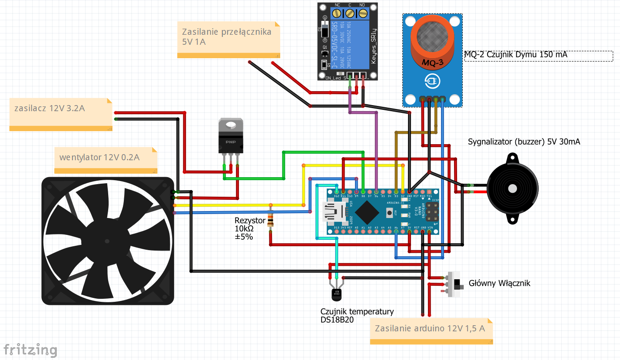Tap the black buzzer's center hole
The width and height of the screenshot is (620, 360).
[513, 188]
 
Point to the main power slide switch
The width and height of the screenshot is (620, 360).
[454, 284]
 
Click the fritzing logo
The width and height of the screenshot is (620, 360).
[30, 350]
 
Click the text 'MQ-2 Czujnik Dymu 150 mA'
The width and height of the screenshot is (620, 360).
[516, 55]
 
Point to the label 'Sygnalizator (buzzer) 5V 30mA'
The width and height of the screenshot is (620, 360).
[524, 142]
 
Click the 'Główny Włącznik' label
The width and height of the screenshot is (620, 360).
[499, 284]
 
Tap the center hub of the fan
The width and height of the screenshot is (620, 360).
[107, 241]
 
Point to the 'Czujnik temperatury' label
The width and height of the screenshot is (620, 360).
[357, 311]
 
